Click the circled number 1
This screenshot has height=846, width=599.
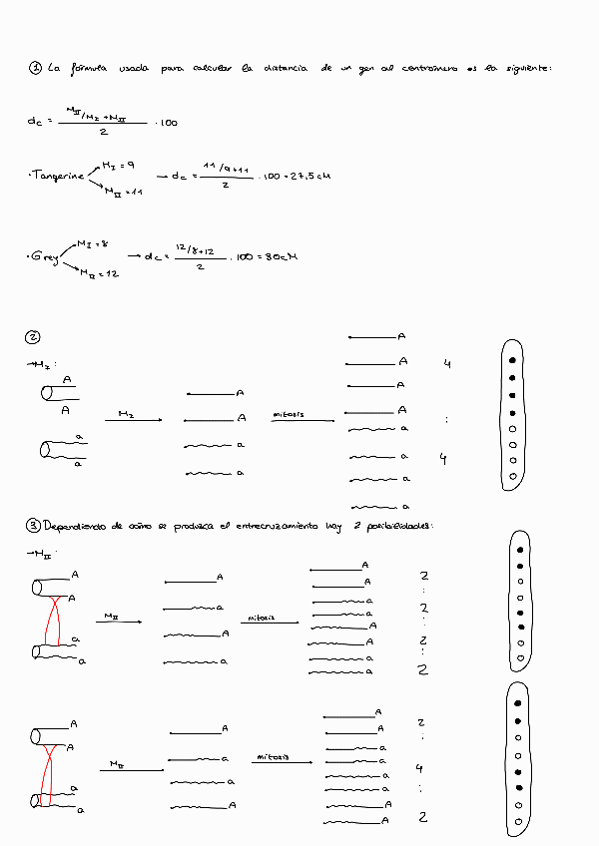point(35,68)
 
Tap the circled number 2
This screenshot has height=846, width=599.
point(34,336)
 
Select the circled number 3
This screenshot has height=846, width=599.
point(34,525)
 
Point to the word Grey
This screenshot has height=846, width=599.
point(45,257)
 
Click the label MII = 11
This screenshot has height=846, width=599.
point(125,192)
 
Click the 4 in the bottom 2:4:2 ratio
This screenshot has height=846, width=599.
point(419,768)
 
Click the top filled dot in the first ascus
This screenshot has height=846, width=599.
point(511,358)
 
